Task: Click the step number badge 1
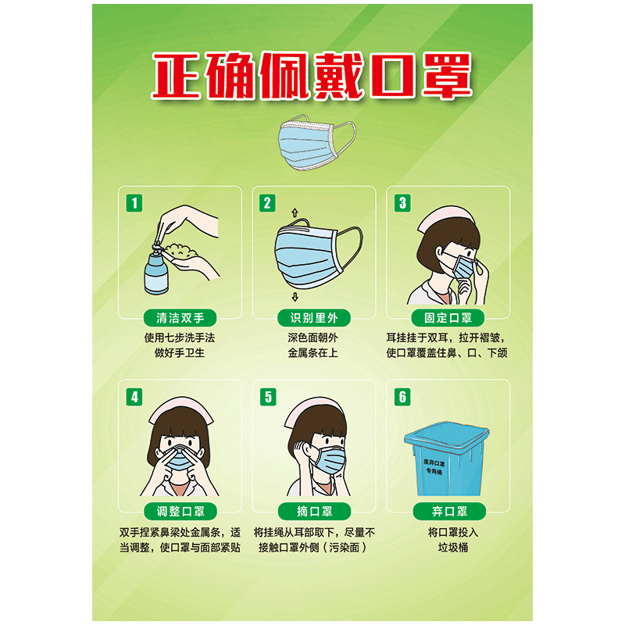tap(135, 203)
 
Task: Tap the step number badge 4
tap(135, 396)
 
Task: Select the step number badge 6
tap(403, 396)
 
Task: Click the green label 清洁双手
tap(180, 318)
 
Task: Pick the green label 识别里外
tap(313, 318)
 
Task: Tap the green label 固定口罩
tap(448, 318)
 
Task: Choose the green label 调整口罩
tap(180, 512)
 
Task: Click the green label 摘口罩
tap(313, 512)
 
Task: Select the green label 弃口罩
tap(448, 512)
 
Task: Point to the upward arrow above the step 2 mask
tap(295, 212)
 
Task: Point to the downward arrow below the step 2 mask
tap(295, 297)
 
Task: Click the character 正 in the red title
tap(177, 77)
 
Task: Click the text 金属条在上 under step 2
tap(313, 353)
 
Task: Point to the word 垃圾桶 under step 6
tap(448, 547)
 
